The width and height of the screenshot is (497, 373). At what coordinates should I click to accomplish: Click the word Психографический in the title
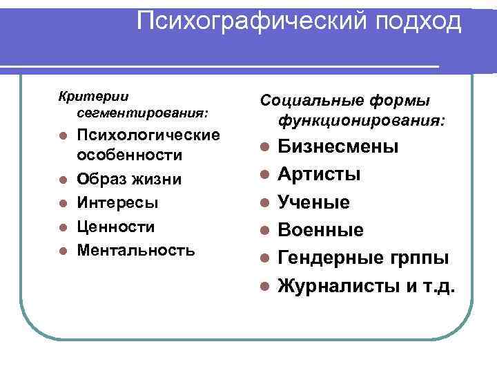point(252,21)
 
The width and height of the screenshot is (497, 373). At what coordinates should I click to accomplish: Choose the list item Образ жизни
point(130,180)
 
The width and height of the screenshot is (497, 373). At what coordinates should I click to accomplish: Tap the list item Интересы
point(117,203)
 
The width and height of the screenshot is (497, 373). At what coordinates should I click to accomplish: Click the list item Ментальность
point(136,249)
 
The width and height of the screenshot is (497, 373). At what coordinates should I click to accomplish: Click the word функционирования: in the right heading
point(362,122)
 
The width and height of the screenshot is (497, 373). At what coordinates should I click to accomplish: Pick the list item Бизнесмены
point(338,146)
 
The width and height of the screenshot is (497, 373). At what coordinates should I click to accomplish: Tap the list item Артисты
point(319,174)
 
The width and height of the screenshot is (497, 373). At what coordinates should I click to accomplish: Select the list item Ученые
point(313,202)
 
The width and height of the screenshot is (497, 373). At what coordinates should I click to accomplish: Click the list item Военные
point(320,229)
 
